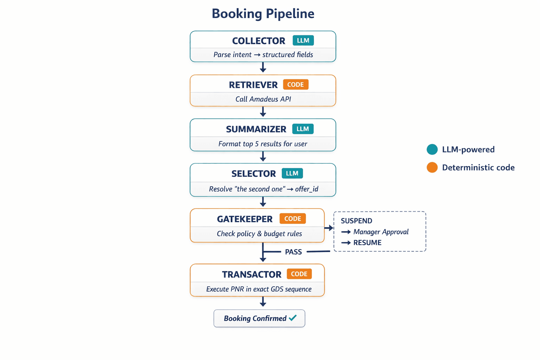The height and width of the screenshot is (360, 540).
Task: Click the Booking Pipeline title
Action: click(263, 14)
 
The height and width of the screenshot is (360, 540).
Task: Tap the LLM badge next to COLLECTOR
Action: click(303, 40)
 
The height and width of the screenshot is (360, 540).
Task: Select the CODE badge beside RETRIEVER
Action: click(295, 85)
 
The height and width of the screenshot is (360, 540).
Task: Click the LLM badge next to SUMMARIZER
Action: click(303, 129)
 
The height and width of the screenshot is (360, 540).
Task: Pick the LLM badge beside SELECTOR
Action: click(292, 173)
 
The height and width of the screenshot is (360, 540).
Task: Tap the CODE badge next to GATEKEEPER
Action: click(292, 219)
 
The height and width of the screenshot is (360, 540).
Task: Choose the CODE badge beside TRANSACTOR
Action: click(299, 274)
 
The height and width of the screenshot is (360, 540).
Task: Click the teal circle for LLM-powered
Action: click(432, 149)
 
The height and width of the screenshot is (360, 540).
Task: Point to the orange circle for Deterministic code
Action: click(432, 167)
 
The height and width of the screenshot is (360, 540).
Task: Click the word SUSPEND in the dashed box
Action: click(356, 221)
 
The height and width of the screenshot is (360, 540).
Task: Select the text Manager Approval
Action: click(381, 232)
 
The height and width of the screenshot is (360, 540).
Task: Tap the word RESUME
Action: click(367, 243)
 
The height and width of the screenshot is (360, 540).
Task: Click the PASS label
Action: click(293, 252)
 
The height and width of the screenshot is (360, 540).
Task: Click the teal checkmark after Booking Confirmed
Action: click(292, 318)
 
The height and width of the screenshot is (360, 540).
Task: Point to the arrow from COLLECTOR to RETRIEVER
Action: click(263, 67)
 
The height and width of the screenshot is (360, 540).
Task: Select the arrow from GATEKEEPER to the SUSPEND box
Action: click(329, 228)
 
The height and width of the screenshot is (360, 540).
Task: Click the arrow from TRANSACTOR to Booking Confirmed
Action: click(263, 302)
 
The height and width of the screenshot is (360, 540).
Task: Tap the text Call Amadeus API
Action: click(263, 99)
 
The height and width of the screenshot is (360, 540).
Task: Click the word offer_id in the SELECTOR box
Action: click(307, 189)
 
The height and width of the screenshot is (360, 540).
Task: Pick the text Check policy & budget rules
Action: click(259, 234)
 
